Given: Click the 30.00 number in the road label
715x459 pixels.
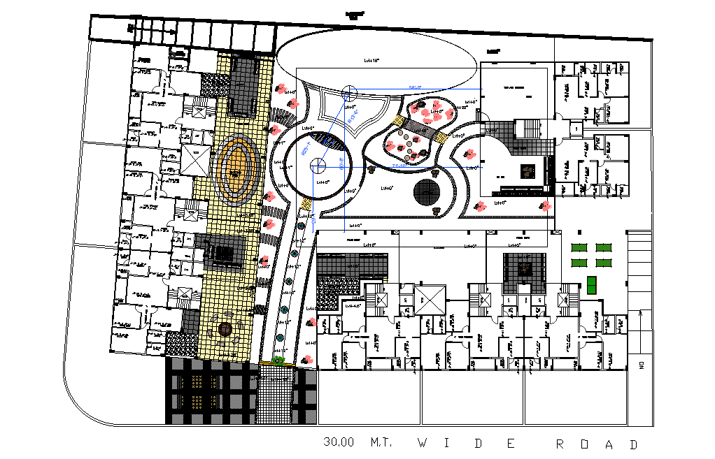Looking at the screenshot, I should tap(339, 443).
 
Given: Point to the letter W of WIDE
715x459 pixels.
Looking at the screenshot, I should tap(423, 443).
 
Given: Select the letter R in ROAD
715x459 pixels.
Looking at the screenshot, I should tap(560, 444).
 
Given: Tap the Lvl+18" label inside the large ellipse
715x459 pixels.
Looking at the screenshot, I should tap(371, 61).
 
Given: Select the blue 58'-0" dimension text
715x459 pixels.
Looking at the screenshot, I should tap(416, 87).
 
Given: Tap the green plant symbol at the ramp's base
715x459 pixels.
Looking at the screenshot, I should tap(279, 360).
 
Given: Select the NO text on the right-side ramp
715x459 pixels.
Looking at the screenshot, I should tap(640, 363).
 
